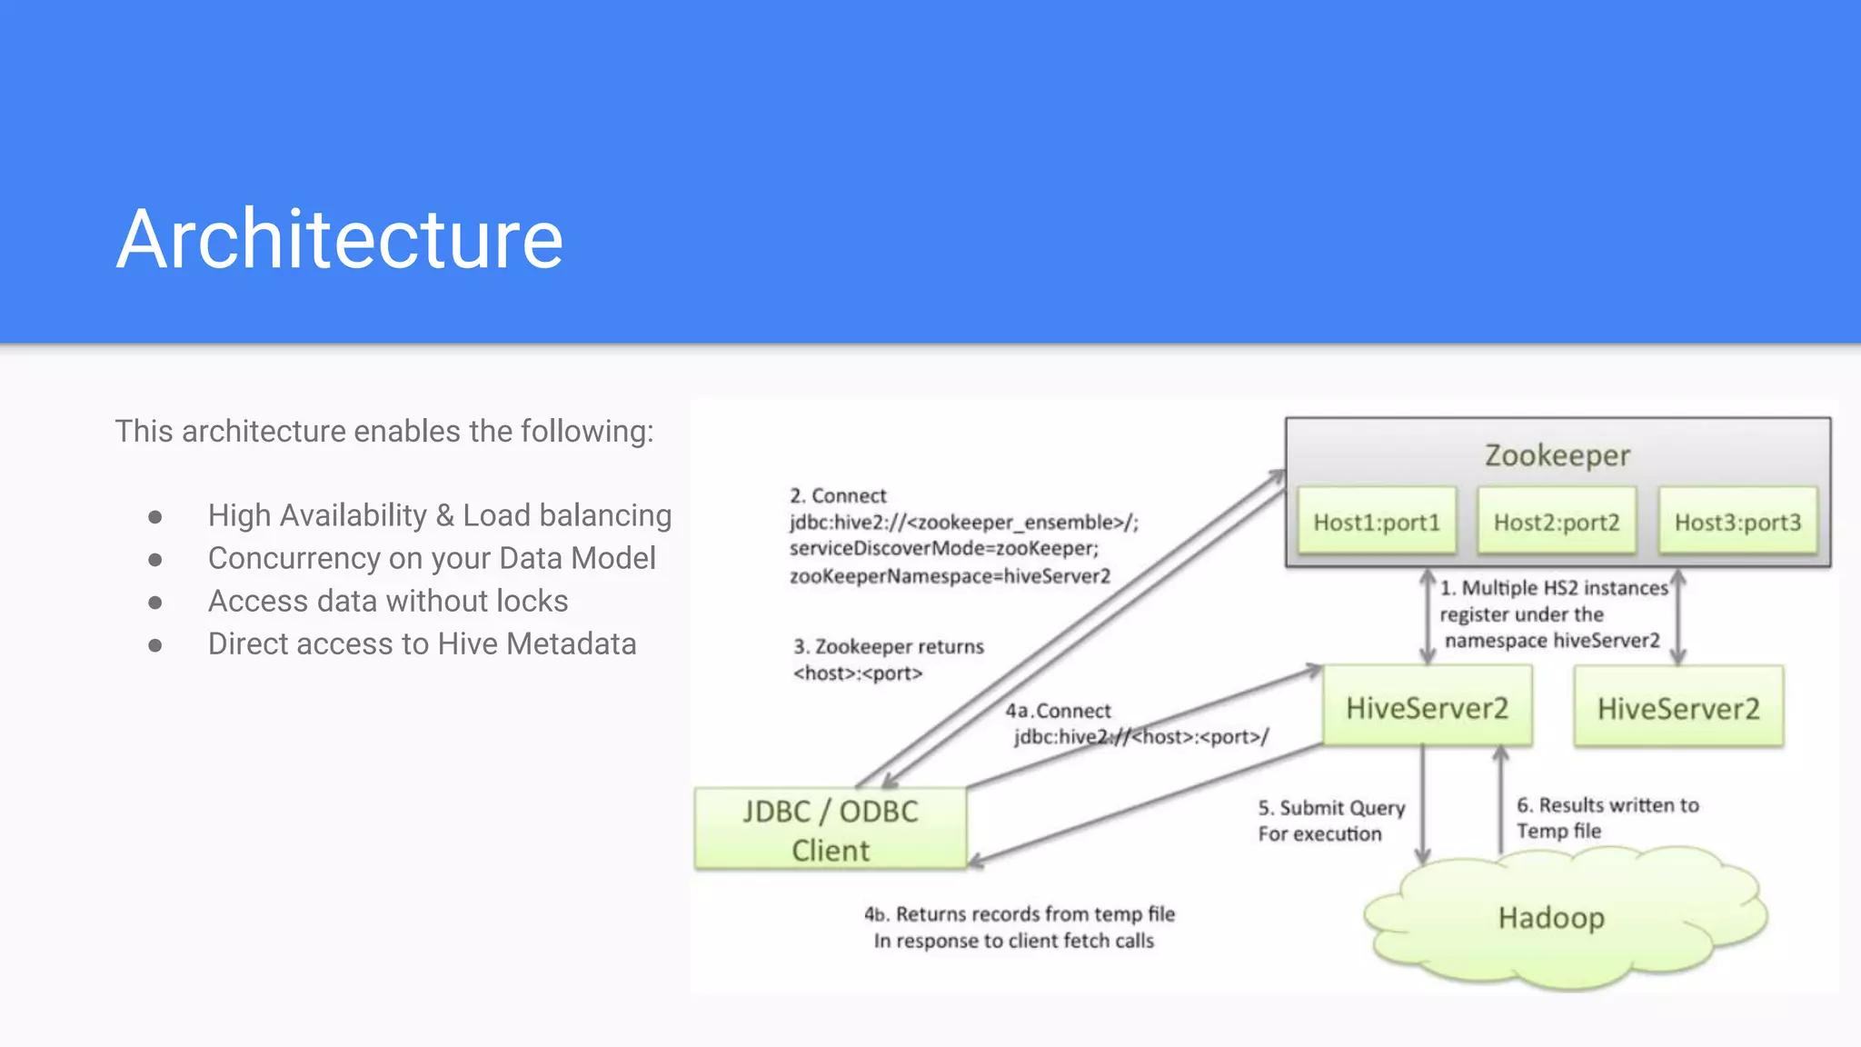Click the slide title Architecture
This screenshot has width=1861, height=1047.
339,239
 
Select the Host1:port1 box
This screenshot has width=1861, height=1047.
1377,522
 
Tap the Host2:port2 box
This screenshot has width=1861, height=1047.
1557,522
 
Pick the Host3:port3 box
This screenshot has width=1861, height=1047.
1737,522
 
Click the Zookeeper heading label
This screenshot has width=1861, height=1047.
1557,454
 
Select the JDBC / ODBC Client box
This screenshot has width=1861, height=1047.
831,830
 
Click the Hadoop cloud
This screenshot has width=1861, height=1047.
1551,918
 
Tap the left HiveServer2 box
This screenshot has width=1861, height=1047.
1427,707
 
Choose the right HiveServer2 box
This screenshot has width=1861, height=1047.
1678,708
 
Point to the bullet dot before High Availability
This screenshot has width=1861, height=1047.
155,517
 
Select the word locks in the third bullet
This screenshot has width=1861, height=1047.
527,601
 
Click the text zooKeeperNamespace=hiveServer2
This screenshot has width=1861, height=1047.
950,576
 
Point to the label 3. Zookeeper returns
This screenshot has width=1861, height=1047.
889,646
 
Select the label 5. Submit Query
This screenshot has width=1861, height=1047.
1331,808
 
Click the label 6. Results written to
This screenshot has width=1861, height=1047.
1607,805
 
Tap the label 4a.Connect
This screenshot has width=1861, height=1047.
1058,711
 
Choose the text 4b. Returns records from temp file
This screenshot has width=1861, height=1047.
1019,913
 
